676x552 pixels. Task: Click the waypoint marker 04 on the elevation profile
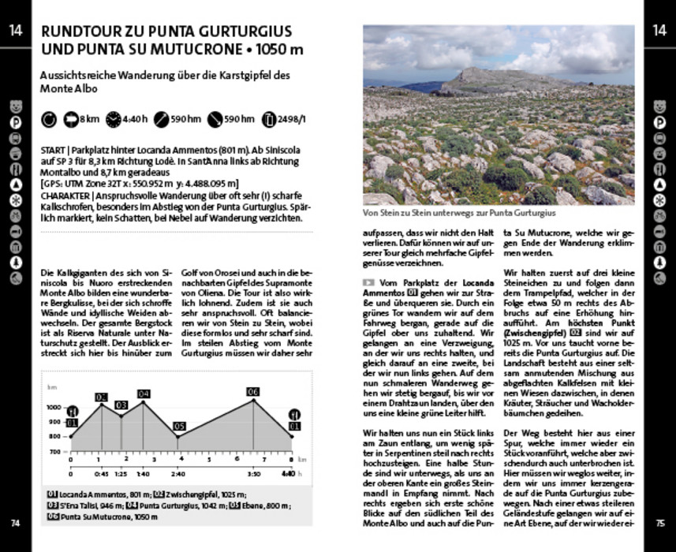coord(143,393)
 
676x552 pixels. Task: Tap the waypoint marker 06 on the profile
coord(253,392)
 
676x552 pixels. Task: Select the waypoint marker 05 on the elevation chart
coord(179,427)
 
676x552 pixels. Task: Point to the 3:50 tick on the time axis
coord(253,474)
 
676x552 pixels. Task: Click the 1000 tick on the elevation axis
coord(53,407)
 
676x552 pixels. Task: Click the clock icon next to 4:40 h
coord(113,120)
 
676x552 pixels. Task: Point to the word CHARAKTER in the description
coord(67,194)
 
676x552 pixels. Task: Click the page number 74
coord(15,522)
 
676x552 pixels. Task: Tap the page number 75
coord(660,522)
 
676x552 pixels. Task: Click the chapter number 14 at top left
coord(15,31)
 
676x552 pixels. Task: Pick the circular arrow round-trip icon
coord(48,120)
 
